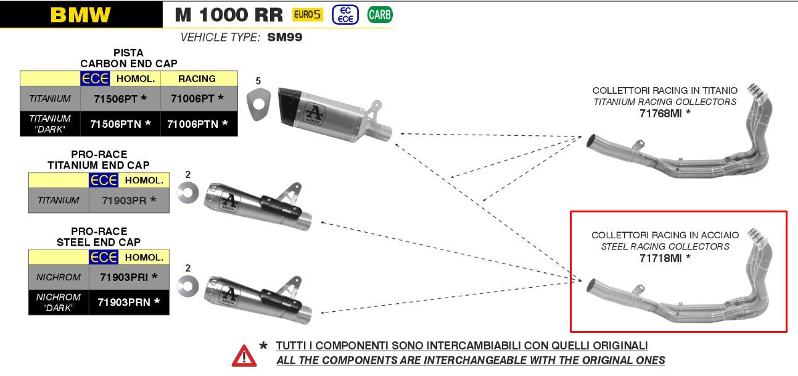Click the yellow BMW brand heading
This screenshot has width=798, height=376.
pyautogui.click(x=81, y=15)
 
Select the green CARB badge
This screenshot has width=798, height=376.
pyautogui.click(x=379, y=14)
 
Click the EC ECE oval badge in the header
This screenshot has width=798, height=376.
pyautogui.click(x=345, y=15)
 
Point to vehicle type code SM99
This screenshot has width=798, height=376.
pyautogui.click(x=285, y=38)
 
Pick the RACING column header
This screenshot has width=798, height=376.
pyautogui.click(x=197, y=78)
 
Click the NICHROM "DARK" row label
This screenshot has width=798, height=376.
pyautogui.click(x=58, y=302)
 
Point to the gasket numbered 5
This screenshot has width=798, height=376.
pyautogui.click(x=259, y=104)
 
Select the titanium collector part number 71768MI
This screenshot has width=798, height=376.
pyautogui.click(x=664, y=113)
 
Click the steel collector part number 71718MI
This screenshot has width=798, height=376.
pyautogui.click(x=664, y=257)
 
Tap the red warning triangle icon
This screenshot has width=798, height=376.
pyautogui.click(x=244, y=356)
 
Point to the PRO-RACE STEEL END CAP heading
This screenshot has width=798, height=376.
pyautogui.click(x=99, y=237)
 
